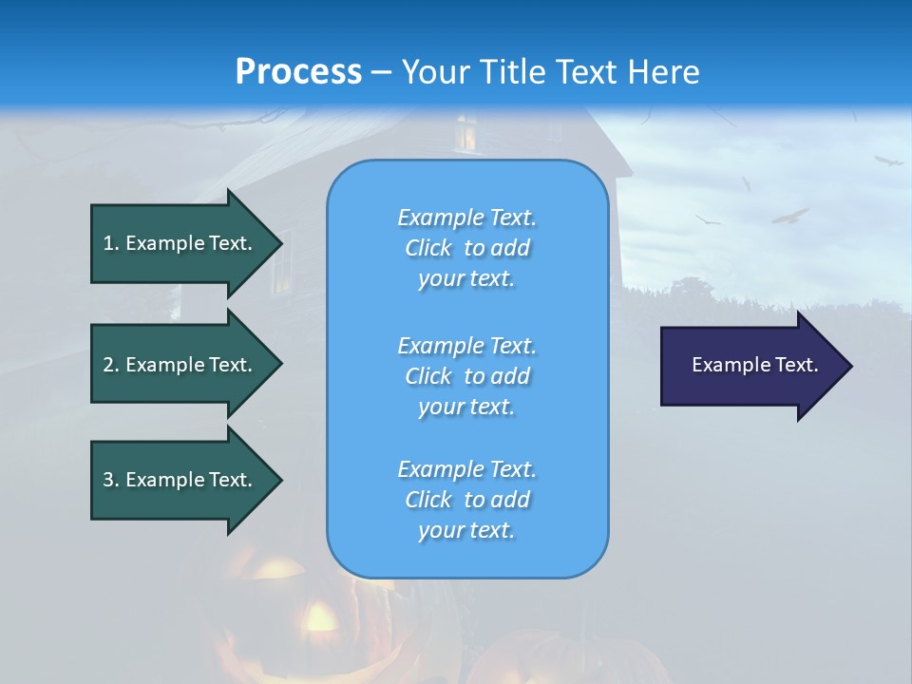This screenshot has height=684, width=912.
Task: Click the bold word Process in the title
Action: tap(298, 72)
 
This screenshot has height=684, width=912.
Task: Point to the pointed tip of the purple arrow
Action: tap(849, 366)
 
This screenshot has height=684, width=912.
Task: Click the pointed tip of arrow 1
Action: tap(279, 243)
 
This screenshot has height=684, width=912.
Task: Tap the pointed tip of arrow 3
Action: tap(279, 480)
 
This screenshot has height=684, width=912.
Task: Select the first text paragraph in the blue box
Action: tap(466, 248)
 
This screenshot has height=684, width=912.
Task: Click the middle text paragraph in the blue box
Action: tap(466, 376)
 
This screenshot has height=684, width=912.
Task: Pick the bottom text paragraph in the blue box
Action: tap(466, 500)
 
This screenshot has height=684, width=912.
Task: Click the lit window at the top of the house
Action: tap(465, 133)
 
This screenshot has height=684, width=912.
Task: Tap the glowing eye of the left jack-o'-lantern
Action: tap(318, 618)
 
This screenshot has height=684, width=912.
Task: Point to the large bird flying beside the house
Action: tap(789, 217)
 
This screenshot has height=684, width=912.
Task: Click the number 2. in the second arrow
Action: tap(111, 365)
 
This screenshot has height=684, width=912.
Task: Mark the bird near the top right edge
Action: tap(888, 161)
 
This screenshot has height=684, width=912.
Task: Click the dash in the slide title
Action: tap(381, 72)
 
